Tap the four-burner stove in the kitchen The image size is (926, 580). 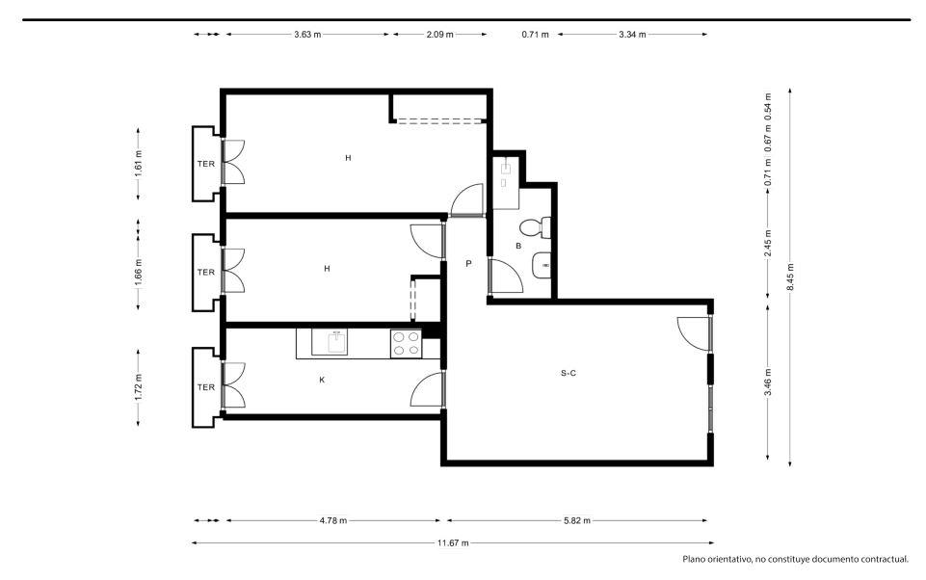pyautogui.click(x=407, y=344)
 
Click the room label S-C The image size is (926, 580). pyautogui.click(x=569, y=373)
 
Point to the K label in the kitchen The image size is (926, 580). pyautogui.click(x=322, y=380)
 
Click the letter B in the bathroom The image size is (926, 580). pyautogui.click(x=518, y=246)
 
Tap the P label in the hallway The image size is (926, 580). pyautogui.click(x=468, y=263)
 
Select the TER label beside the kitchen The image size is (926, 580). pyautogui.click(x=205, y=387)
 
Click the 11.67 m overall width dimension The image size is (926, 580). pyautogui.click(x=453, y=542)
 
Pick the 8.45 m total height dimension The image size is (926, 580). pyautogui.click(x=790, y=276)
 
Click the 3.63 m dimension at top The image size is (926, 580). pyautogui.click(x=307, y=35)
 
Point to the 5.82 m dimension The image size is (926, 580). pyautogui.click(x=577, y=521)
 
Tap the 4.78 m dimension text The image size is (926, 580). pyautogui.click(x=333, y=521)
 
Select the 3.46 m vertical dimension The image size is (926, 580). pyautogui.click(x=768, y=382)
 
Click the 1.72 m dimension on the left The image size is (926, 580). pyautogui.click(x=138, y=387)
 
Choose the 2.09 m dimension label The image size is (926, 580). pyautogui.click(x=440, y=35)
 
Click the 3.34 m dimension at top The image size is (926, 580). pyautogui.click(x=632, y=35)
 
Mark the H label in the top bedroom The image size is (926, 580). pyautogui.click(x=349, y=158)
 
